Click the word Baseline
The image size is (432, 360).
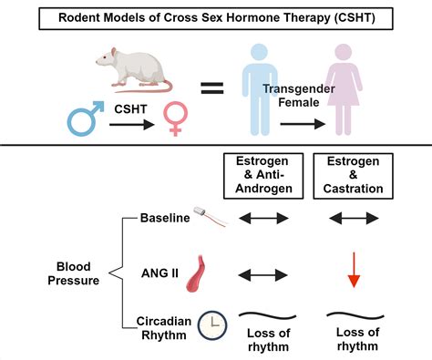pyautogui.click(x=164, y=219)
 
